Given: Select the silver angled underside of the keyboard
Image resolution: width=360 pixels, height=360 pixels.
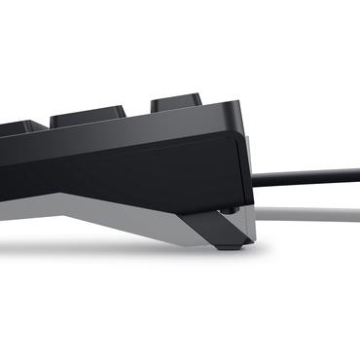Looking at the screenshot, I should [x=117, y=209].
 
